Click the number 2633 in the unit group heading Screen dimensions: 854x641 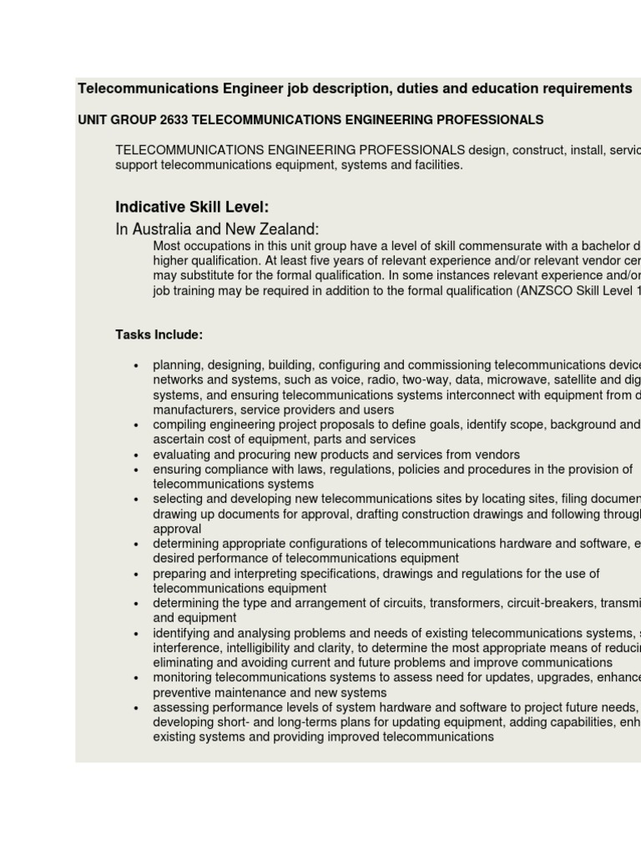click(x=174, y=120)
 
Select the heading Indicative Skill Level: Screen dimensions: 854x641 click(x=192, y=207)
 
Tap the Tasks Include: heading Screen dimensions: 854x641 click(x=159, y=335)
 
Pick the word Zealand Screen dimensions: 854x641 click(x=289, y=229)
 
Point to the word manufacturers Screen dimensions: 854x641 click(x=193, y=410)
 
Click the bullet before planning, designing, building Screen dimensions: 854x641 click(x=135, y=366)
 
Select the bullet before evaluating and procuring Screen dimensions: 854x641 click(x=135, y=455)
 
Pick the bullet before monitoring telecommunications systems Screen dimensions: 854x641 click(x=135, y=678)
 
